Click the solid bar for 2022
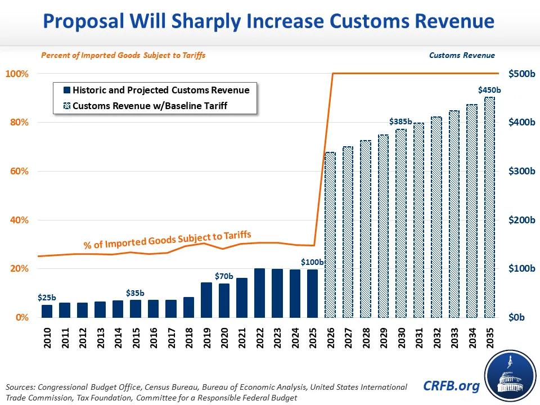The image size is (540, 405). pyautogui.click(x=259, y=293)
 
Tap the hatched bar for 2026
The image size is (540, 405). pyautogui.click(x=330, y=235)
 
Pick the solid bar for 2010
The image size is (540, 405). pyautogui.click(x=47, y=311)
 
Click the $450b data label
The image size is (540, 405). pyautogui.click(x=488, y=89)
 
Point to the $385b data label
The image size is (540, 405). pyautogui.click(x=400, y=121)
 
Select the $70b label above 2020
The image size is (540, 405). pyautogui.click(x=223, y=276)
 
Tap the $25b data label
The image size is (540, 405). pyautogui.click(x=47, y=297)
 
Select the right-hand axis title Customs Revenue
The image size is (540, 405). pyautogui.click(x=462, y=55)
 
